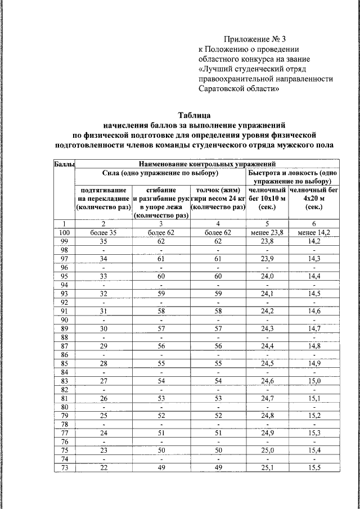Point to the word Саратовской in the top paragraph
pyautogui.click(x=221, y=89)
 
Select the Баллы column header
pyautogui.click(x=64, y=164)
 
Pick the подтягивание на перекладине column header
pyautogui.click(x=103, y=199)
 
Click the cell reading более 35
pyautogui.click(x=103, y=232)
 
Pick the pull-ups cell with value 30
pyautogui.click(x=103, y=328)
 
